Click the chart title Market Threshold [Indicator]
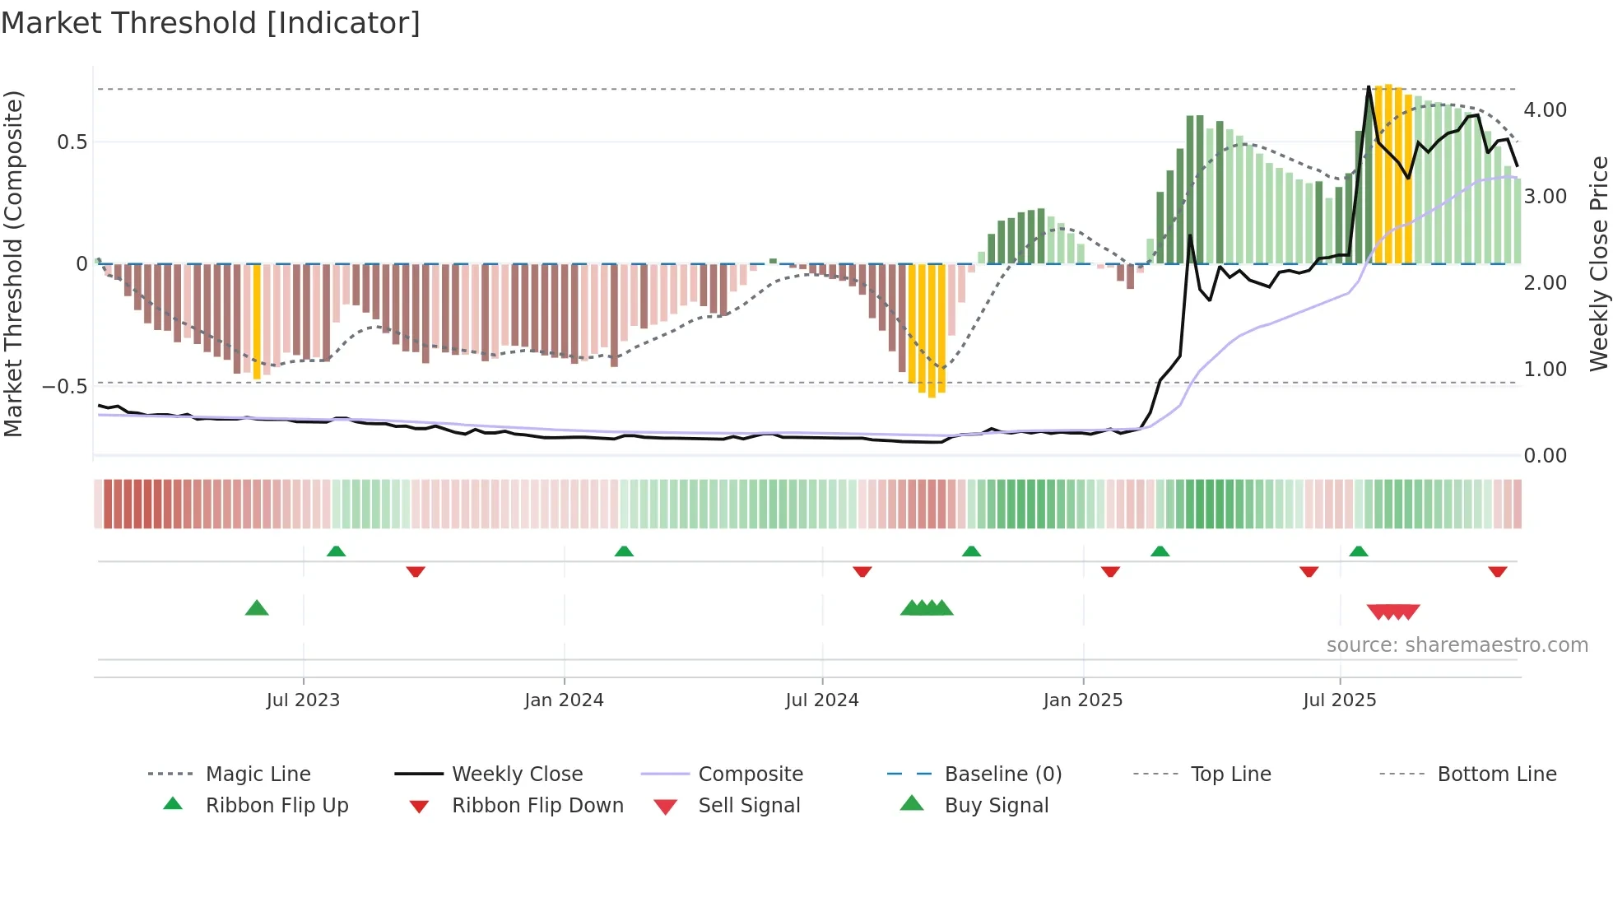(211, 23)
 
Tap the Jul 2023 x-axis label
(303, 700)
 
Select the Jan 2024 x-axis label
(564, 700)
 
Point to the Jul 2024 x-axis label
(822, 700)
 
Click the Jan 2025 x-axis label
(1082, 700)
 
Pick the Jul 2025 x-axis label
(1339, 700)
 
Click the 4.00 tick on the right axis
(1545, 110)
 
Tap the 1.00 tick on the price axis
(1545, 370)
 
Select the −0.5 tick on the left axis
(64, 386)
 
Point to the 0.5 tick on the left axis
(72, 142)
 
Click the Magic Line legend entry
(258, 774)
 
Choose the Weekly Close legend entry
(517, 774)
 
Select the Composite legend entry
(750, 774)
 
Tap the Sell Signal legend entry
(748, 806)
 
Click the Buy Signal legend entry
(996, 806)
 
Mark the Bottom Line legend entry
(1496, 774)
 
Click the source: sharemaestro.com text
(1457, 645)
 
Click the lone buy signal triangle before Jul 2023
(257, 609)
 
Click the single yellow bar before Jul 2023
(257, 321)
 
